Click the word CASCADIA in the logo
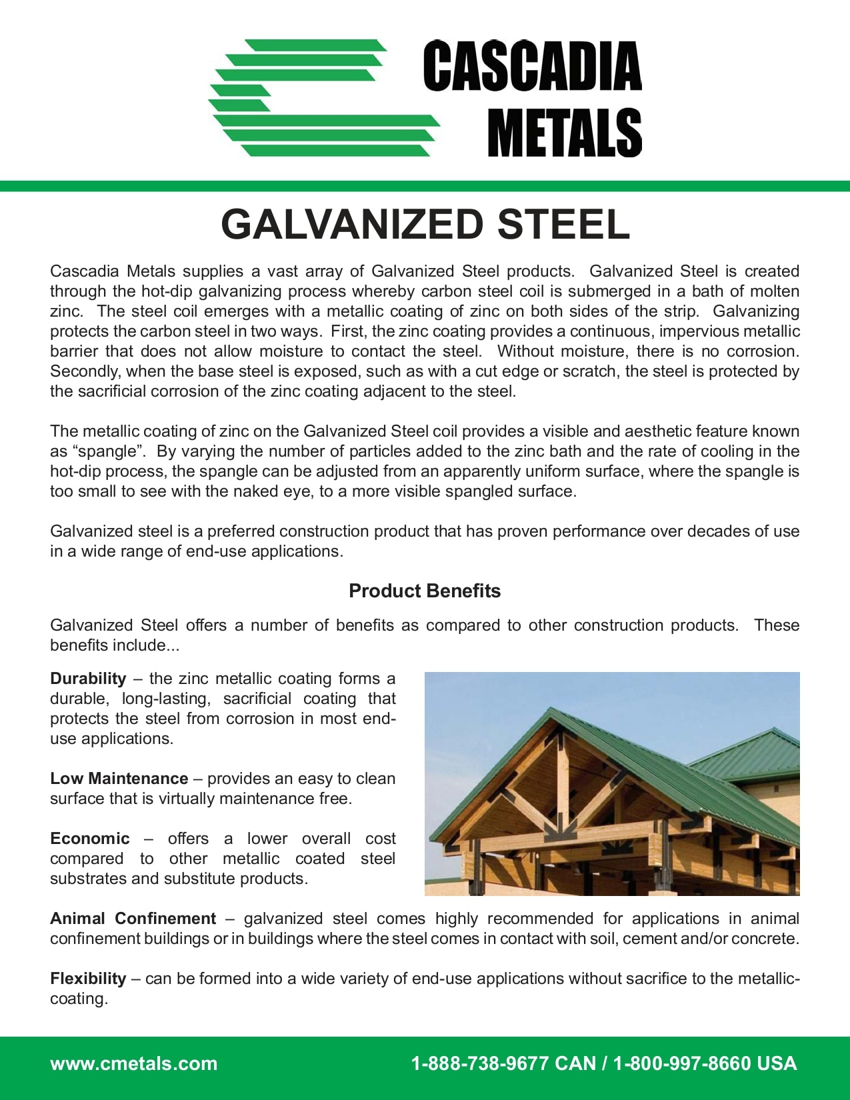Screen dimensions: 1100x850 click(x=532, y=67)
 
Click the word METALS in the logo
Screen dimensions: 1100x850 click(x=564, y=133)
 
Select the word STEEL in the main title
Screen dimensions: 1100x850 click(x=563, y=225)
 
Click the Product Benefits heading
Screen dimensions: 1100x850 click(x=425, y=591)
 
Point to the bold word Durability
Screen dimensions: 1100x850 click(x=88, y=679)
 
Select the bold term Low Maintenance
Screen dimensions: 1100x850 click(x=119, y=779)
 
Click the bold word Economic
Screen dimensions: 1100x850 click(x=90, y=839)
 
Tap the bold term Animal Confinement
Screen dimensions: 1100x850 click(x=133, y=919)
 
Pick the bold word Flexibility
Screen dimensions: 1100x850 click(x=88, y=979)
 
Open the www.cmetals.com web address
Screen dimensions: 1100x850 click(x=133, y=1063)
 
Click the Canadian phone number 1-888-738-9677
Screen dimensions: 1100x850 click(x=479, y=1063)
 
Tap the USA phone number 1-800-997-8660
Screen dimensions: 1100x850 click(x=681, y=1063)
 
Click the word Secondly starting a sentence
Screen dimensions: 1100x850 click(x=85, y=371)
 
